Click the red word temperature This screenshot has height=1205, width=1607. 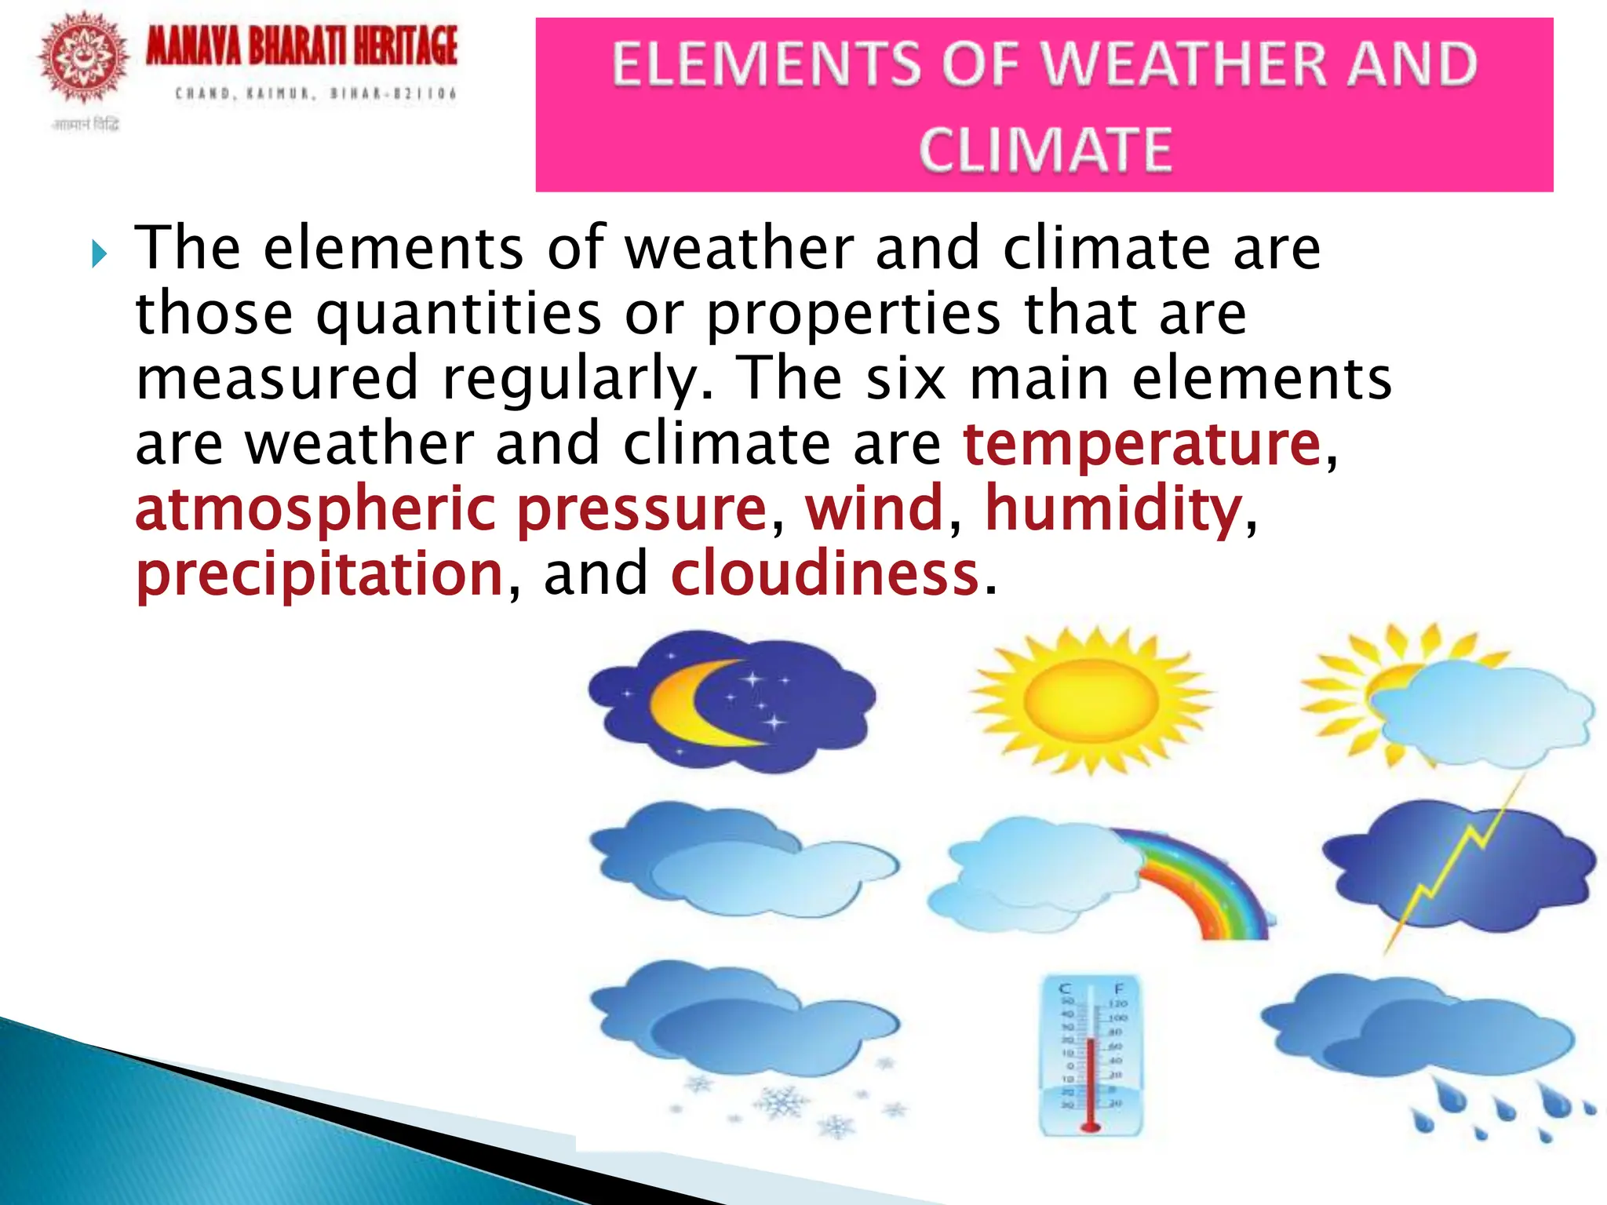point(1142,445)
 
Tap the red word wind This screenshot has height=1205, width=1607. point(874,508)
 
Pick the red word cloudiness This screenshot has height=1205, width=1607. point(825,573)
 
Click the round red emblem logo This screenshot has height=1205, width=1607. point(83,57)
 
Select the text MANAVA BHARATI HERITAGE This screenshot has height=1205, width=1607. point(301,46)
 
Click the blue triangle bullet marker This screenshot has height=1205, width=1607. point(98,253)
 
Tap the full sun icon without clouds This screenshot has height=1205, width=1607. point(1091,699)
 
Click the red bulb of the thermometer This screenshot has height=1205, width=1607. point(1091,1127)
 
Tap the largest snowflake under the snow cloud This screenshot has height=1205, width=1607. point(783,1101)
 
